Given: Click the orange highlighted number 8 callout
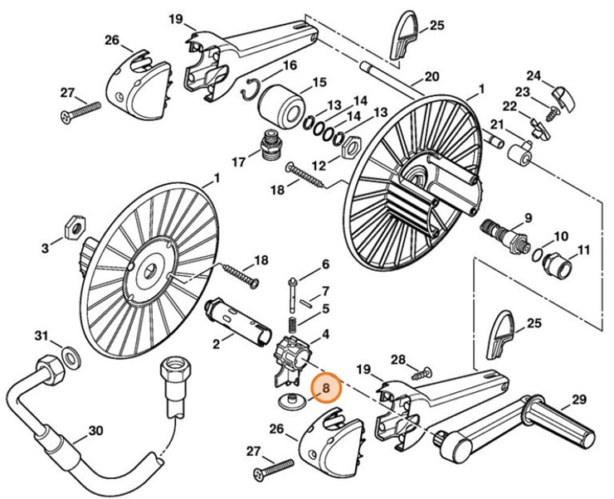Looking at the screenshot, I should [325, 386].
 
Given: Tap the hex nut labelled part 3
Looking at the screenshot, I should [72, 226].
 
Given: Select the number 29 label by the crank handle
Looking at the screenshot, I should [578, 399].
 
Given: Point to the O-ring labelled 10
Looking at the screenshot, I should [538, 254].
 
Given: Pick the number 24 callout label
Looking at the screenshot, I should [534, 75].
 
